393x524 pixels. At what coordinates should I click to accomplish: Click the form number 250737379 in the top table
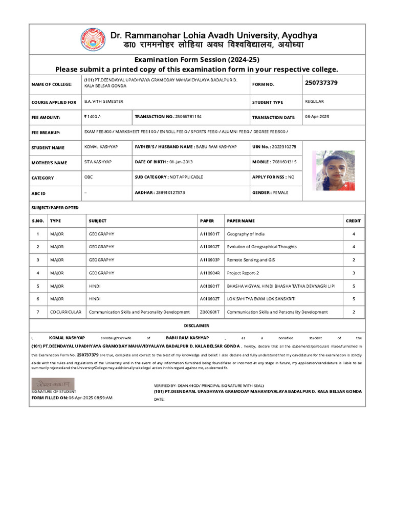pyautogui.click(x=321, y=83)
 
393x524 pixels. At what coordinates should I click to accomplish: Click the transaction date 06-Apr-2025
pyautogui.click(x=317, y=117)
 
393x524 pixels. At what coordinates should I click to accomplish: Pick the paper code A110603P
pyautogui.click(x=209, y=260)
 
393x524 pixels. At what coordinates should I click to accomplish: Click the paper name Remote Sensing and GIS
pyautogui.click(x=251, y=260)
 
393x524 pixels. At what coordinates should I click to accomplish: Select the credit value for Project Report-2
pyautogui.click(x=354, y=273)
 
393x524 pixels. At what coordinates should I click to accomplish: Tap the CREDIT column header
pyautogui.click(x=354, y=221)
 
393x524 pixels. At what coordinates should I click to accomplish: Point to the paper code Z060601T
pyautogui.click(x=209, y=312)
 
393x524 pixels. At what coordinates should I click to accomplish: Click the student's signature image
pyautogui.click(x=53, y=383)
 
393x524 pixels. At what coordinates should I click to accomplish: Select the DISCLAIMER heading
pyautogui.click(x=196, y=325)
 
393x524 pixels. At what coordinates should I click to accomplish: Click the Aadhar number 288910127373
pyautogui.click(x=170, y=192)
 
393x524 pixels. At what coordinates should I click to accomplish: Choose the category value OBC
pyautogui.click(x=89, y=177)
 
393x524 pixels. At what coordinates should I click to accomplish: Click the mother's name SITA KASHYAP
pyautogui.click(x=98, y=162)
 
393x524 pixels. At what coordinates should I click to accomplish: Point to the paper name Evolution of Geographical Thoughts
pyautogui.click(x=261, y=247)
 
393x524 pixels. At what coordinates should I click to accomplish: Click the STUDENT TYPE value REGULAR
pyautogui.click(x=314, y=102)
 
